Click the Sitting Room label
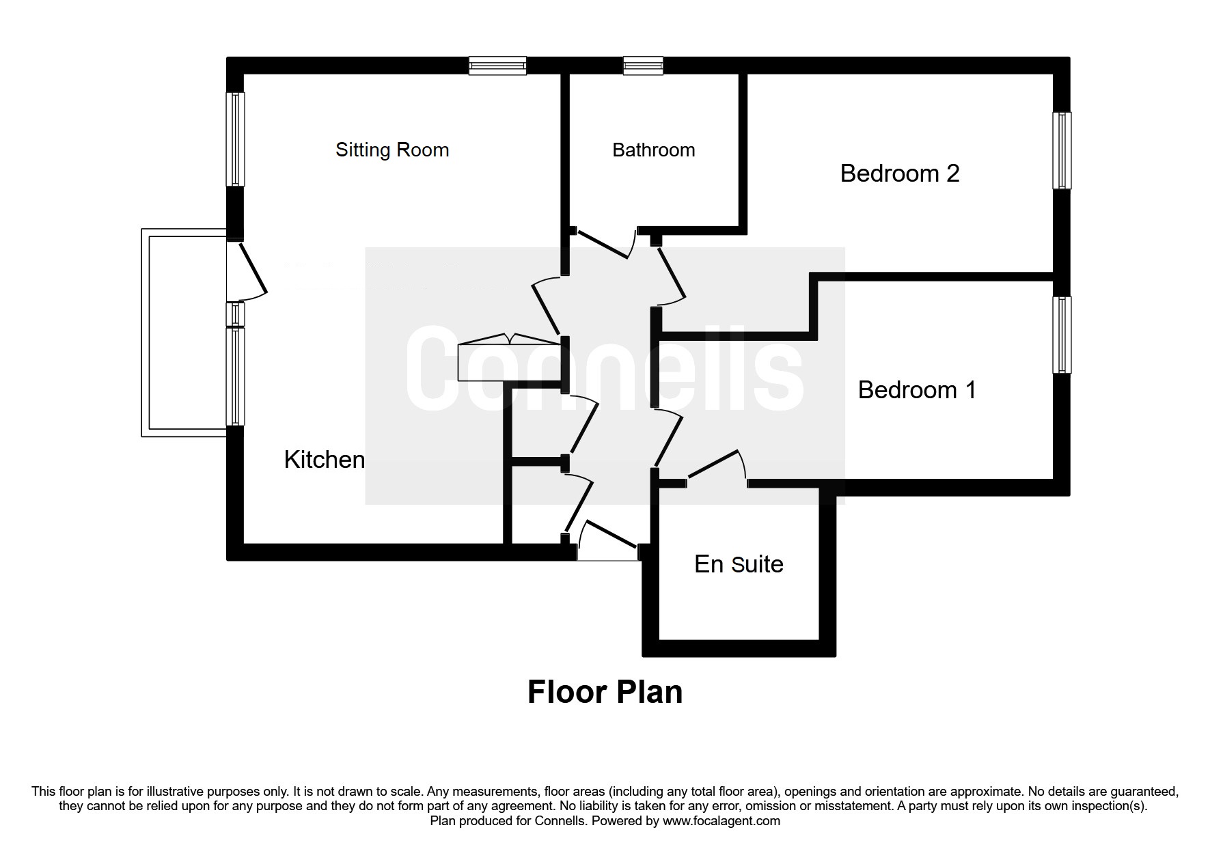[x=392, y=150]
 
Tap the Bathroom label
[x=653, y=150]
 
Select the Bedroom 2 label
[x=899, y=173]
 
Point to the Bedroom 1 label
[x=916, y=389]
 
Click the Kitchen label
[x=324, y=459]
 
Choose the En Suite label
[x=739, y=564]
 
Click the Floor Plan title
[x=605, y=691]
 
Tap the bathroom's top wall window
[x=642, y=66]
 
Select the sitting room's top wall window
[x=497, y=66]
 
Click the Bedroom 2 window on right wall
[x=1061, y=150]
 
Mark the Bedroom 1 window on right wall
[x=1061, y=335]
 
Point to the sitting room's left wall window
[x=235, y=139]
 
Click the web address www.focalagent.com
[x=721, y=821]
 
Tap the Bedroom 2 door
[x=671, y=275]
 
